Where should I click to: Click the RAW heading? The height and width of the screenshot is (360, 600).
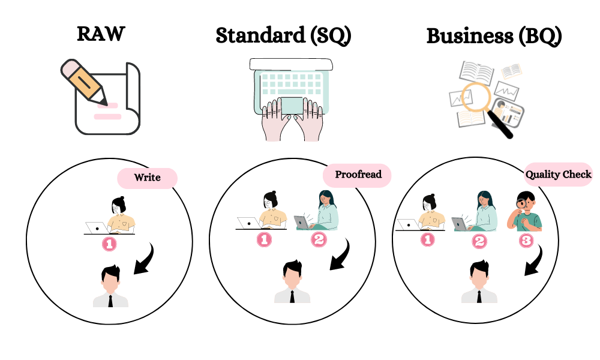pos(101,34)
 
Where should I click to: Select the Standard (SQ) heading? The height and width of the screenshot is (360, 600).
pos(284,35)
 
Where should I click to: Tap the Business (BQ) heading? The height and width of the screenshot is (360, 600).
pos(494,37)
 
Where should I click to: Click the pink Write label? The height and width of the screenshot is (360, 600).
pos(148,178)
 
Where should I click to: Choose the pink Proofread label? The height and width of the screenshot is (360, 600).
pos(358,175)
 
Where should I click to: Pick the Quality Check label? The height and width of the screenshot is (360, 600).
pos(558,175)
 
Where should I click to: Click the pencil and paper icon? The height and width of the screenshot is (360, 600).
pos(101,97)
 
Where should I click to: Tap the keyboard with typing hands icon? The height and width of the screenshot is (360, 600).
pos(292,100)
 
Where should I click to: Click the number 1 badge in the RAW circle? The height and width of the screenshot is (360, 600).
pos(109,244)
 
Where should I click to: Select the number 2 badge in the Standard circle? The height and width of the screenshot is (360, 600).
pos(319,239)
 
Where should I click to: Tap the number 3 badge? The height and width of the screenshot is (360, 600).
pos(526,240)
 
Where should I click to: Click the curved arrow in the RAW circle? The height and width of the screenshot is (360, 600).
pos(146,260)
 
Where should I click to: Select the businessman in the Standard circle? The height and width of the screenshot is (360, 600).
pos(292,282)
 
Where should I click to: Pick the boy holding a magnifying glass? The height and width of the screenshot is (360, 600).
pos(524,211)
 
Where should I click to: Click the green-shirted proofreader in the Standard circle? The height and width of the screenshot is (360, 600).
pos(316,211)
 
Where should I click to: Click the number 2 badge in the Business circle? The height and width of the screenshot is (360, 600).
pos(479,241)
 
